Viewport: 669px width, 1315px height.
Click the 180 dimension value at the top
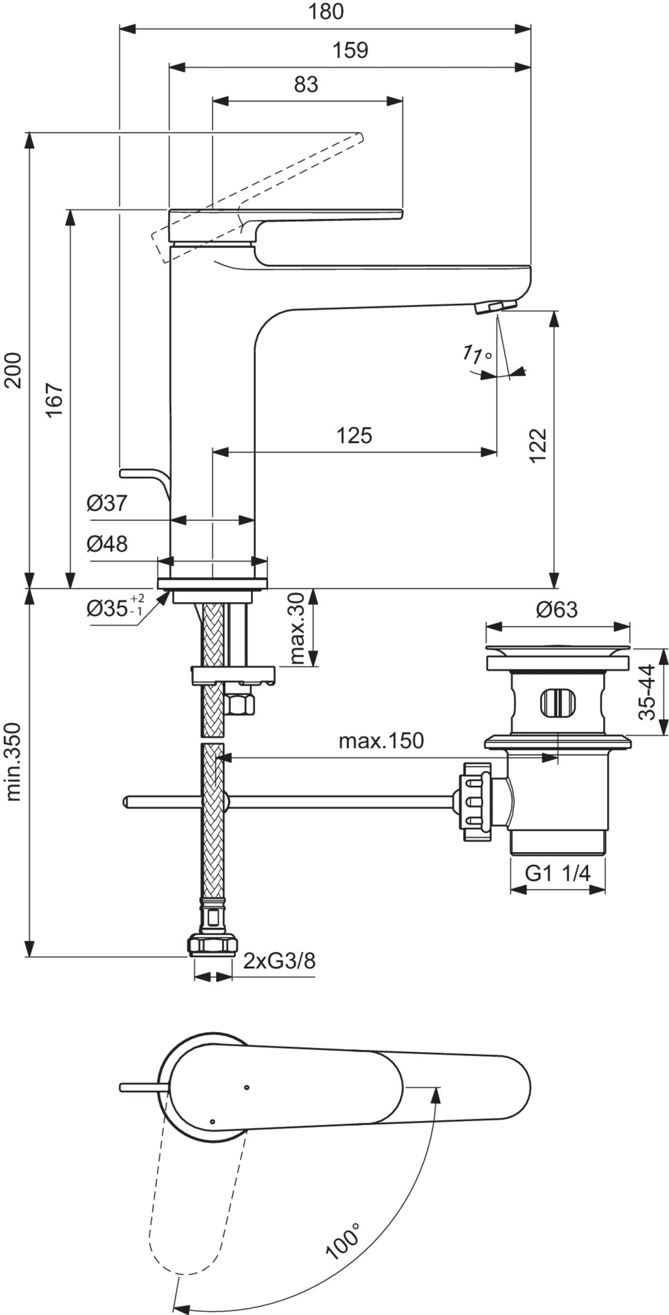pyautogui.click(x=326, y=12)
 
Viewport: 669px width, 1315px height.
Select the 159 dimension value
pyautogui.click(x=350, y=50)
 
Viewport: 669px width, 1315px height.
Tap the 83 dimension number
pyautogui.click(x=306, y=84)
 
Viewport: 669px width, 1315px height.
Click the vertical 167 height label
pyautogui.click(x=54, y=400)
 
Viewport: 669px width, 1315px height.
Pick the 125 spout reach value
pyautogui.click(x=353, y=435)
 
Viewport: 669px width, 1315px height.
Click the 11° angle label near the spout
pyautogui.click(x=478, y=355)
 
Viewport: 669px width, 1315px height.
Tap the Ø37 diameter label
pyautogui.click(x=107, y=504)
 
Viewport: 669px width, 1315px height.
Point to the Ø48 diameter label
pyautogui.click(x=107, y=544)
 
